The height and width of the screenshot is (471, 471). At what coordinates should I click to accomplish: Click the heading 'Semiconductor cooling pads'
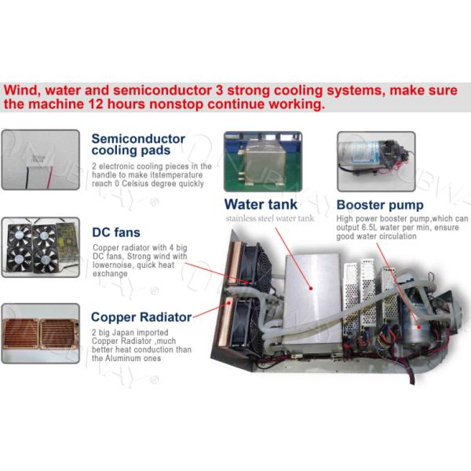tap(138, 144)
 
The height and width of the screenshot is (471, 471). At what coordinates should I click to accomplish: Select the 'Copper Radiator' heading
tap(141, 317)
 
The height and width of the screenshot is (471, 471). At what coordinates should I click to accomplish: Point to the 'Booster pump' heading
tap(381, 206)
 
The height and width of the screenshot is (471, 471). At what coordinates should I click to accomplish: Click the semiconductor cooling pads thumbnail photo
tap(40, 160)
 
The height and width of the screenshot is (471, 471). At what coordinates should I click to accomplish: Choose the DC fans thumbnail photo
tap(40, 245)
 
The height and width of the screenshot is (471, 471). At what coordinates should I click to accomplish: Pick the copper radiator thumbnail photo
tap(40, 333)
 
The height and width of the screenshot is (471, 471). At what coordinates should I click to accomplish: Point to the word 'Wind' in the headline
tap(21, 90)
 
